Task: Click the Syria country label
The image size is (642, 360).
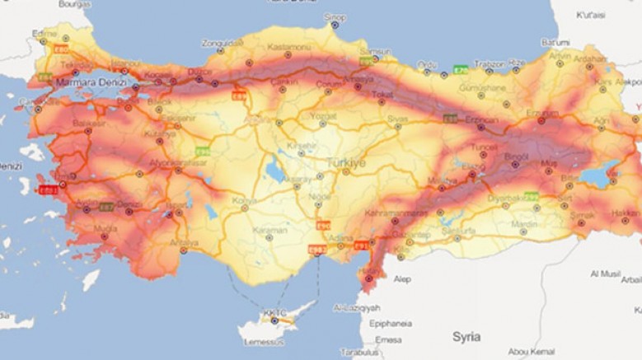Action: tap(466, 337)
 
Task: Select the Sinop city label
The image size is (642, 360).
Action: tap(335, 16)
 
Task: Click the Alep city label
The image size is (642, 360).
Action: tap(402, 279)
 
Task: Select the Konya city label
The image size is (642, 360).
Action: tap(245, 200)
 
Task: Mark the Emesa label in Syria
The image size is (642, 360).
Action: tap(387, 339)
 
